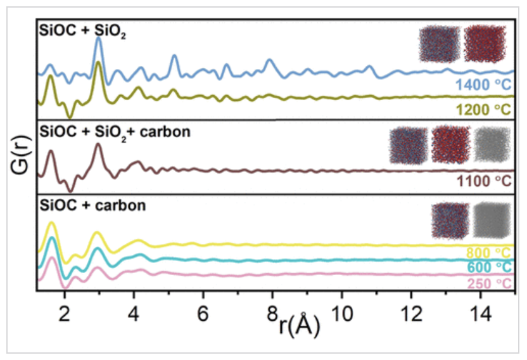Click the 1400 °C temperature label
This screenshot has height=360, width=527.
[x=482, y=85]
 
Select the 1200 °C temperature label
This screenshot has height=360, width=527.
[x=482, y=110]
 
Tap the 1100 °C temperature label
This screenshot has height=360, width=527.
[x=483, y=181]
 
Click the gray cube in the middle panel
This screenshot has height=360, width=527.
[x=492, y=147]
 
